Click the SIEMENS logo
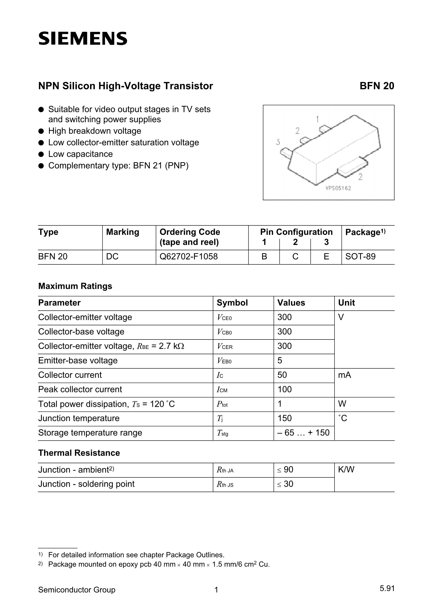[x=83, y=39]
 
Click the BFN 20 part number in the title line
[x=377, y=86]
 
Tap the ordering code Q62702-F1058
[x=188, y=256]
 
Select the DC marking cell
[x=112, y=256]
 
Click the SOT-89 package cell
[x=360, y=256]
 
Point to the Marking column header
[x=122, y=232]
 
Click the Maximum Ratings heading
[x=75, y=286]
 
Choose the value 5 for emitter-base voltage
[x=280, y=360]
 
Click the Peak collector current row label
[x=80, y=389]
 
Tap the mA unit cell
[x=344, y=375]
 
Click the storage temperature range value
[x=303, y=433]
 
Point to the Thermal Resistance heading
[x=79, y=453]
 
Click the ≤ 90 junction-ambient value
[x=285, y=469]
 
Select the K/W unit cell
[x=346, y=469]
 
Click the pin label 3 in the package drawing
[x=278, y=142]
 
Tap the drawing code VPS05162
[x=338, y=188]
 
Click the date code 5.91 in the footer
[x=387, y=589]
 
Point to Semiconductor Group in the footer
[x=77, y=590]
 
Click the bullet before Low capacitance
[x=41, y=154]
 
